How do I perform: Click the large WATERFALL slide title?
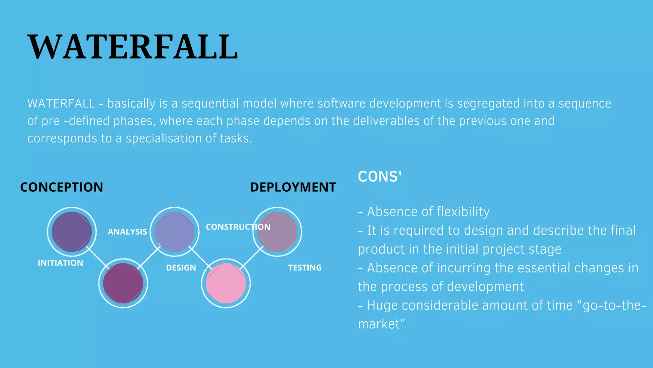tap(133, 47)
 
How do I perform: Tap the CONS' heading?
tap(379, 177)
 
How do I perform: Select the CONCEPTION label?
tap(62, 187)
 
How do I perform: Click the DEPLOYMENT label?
tap(293, 187)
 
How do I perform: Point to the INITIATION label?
tap(60, 263)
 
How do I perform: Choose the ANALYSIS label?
tap(127, 232)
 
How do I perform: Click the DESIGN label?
tap(181, 268)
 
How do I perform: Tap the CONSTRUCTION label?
tap(238, 227)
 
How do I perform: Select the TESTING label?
tap(305, 268)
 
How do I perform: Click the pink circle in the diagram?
tap(226, 283)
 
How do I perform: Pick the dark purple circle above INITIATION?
tap(72, 232)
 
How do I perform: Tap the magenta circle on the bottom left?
tap(123, 283)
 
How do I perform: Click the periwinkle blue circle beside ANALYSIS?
tap(174, 232)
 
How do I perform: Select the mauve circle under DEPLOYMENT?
tap(277, 232)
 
